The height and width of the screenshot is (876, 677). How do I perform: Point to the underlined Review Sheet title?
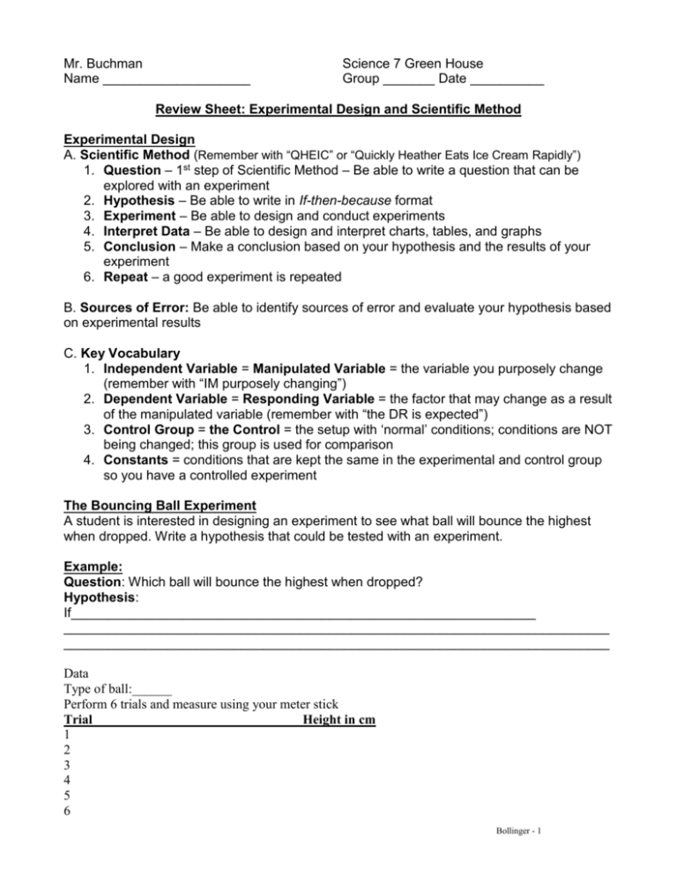click(x=338, y=110)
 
